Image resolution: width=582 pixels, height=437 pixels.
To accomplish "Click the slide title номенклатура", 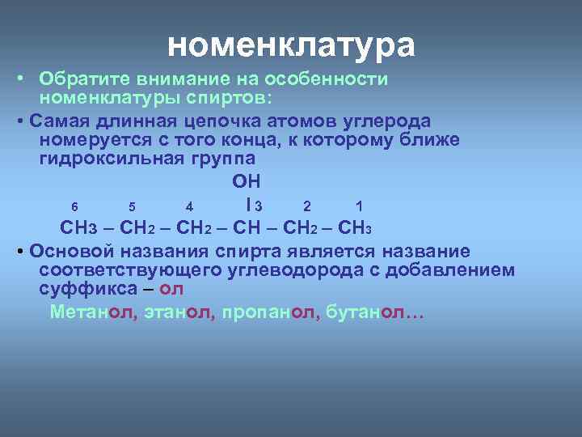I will pos(291,45).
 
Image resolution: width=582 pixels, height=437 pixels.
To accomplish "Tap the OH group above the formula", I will pos(246,180).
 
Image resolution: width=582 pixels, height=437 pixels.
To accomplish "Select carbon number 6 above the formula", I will pos(74,204).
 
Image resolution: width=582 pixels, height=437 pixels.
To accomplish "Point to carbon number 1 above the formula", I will pos(348,204).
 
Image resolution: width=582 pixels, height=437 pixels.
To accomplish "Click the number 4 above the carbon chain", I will pos(188,204).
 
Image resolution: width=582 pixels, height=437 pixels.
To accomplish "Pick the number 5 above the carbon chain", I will pos(132,204).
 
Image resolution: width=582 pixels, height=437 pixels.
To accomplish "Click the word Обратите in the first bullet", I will pos(85,79).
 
